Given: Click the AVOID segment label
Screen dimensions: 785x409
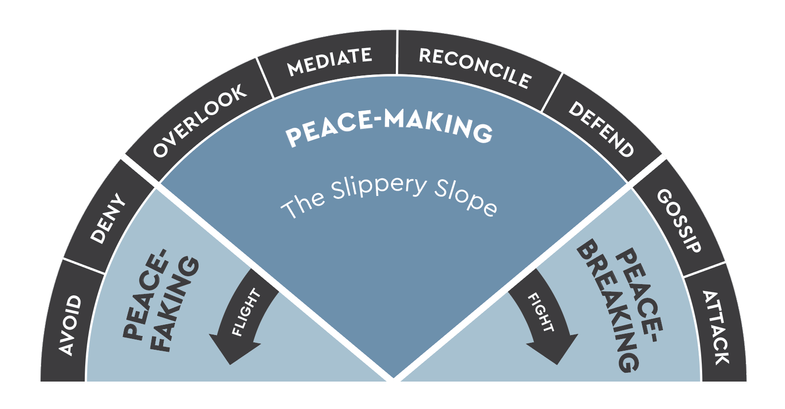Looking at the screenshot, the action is [x=70, y=325].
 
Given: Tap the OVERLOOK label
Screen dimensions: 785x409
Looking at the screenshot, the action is [x=199, y=120].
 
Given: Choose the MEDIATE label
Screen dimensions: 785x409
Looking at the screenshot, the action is [x=329, y=62].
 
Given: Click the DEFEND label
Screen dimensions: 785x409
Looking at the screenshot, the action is [x=601, y=129].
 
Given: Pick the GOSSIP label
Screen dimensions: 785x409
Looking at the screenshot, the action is [x=679, y=220].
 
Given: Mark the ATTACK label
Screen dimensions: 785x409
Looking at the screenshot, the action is [x=716, y=327].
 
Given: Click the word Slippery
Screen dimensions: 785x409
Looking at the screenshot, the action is [x=379, y=189].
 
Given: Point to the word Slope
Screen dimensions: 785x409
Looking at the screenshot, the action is [x=466, y=198].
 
